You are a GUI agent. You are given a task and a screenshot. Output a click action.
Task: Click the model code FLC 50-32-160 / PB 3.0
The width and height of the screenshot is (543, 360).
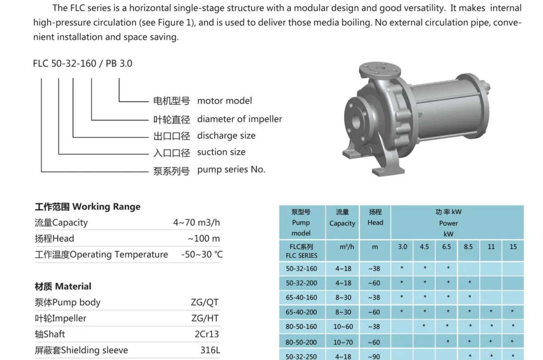82,63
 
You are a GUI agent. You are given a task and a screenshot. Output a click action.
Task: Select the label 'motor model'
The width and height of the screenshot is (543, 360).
225,101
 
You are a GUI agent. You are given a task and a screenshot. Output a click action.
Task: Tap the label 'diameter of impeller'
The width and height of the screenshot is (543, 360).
239,119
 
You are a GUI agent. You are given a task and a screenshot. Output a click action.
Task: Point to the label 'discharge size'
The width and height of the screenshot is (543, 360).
226,136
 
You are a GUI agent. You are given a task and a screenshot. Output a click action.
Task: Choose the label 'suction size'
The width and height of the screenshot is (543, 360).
221,152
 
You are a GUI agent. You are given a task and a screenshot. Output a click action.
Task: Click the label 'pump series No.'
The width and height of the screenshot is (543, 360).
231,170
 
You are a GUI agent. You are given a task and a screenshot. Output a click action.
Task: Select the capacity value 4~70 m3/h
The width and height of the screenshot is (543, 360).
196,223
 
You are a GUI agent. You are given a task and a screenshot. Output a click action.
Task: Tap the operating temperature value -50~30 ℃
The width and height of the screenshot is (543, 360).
201,254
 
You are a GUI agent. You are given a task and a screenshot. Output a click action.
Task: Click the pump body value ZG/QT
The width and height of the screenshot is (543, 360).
205,303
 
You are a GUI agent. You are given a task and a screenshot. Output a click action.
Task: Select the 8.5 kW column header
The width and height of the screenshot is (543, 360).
468,247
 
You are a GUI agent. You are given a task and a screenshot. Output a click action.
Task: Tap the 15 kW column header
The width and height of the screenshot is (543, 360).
513,247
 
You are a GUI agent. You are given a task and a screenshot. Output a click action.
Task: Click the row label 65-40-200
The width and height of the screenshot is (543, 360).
302,312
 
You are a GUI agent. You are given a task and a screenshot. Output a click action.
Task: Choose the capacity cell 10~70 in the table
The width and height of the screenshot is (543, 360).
343,343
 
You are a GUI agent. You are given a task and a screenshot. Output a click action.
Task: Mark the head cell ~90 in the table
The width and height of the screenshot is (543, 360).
374,357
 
